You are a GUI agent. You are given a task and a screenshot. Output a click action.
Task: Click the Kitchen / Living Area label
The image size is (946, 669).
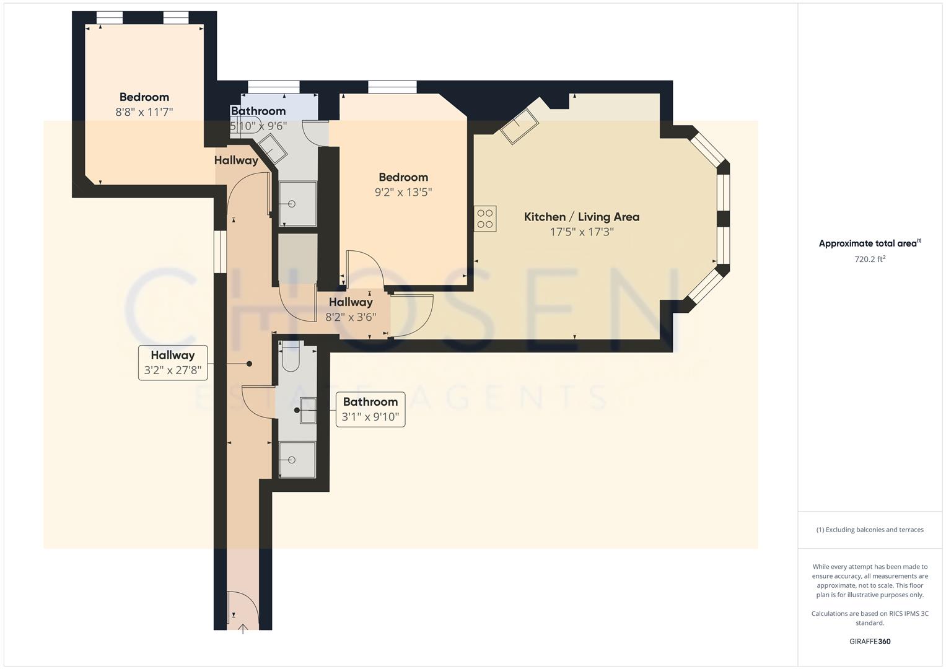pyautogui.click(x=581, y=217)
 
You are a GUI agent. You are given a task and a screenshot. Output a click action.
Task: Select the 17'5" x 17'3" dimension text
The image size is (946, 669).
pyautogui.click(x=581, y=232)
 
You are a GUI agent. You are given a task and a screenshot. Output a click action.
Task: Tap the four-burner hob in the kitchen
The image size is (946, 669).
pyautogui.click(x=485, y=219)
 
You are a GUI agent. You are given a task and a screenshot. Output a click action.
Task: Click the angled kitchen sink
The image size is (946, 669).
pyautogui.click(x=519, y=126)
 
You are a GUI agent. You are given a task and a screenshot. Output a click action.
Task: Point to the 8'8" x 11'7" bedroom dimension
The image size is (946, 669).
pyautogui.click(x=144, y=112)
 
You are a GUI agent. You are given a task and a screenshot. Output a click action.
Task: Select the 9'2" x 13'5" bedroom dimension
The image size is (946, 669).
pyautogui.click(x=403, y=192)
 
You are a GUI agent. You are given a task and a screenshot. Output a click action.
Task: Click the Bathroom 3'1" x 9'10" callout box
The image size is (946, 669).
pyautogui.click(x=370, y=409)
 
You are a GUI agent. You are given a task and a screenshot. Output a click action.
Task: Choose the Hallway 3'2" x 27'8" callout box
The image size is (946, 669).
pyautogui.click(x=172, y=362)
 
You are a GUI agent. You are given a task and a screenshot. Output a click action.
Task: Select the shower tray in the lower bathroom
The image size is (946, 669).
pyautogui.click(x=297, y=459)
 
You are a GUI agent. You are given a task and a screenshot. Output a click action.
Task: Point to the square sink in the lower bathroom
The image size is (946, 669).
pyautogui.click(x=308, y=410)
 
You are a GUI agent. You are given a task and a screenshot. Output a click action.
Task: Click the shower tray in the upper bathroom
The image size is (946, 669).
pyautogui.click(x=297, y=203)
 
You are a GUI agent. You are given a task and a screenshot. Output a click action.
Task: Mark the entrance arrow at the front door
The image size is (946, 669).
pyautogui.click(x=243, y=629)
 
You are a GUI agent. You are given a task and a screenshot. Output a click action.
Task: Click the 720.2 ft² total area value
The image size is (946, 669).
pyautogui.click(x=870, y=260)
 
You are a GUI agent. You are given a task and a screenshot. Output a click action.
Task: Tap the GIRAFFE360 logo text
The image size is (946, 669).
pyautogui.click(x=870, y=641)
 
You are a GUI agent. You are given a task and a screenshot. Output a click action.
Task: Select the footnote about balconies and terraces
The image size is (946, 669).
pyautogui.click(x=870, y=530)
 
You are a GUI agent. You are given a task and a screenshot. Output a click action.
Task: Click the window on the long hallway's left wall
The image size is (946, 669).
pyautogui.click(x=219, y=251)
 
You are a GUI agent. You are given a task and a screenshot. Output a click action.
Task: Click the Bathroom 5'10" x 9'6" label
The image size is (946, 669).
pyautogui.click(x=258, y=118)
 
